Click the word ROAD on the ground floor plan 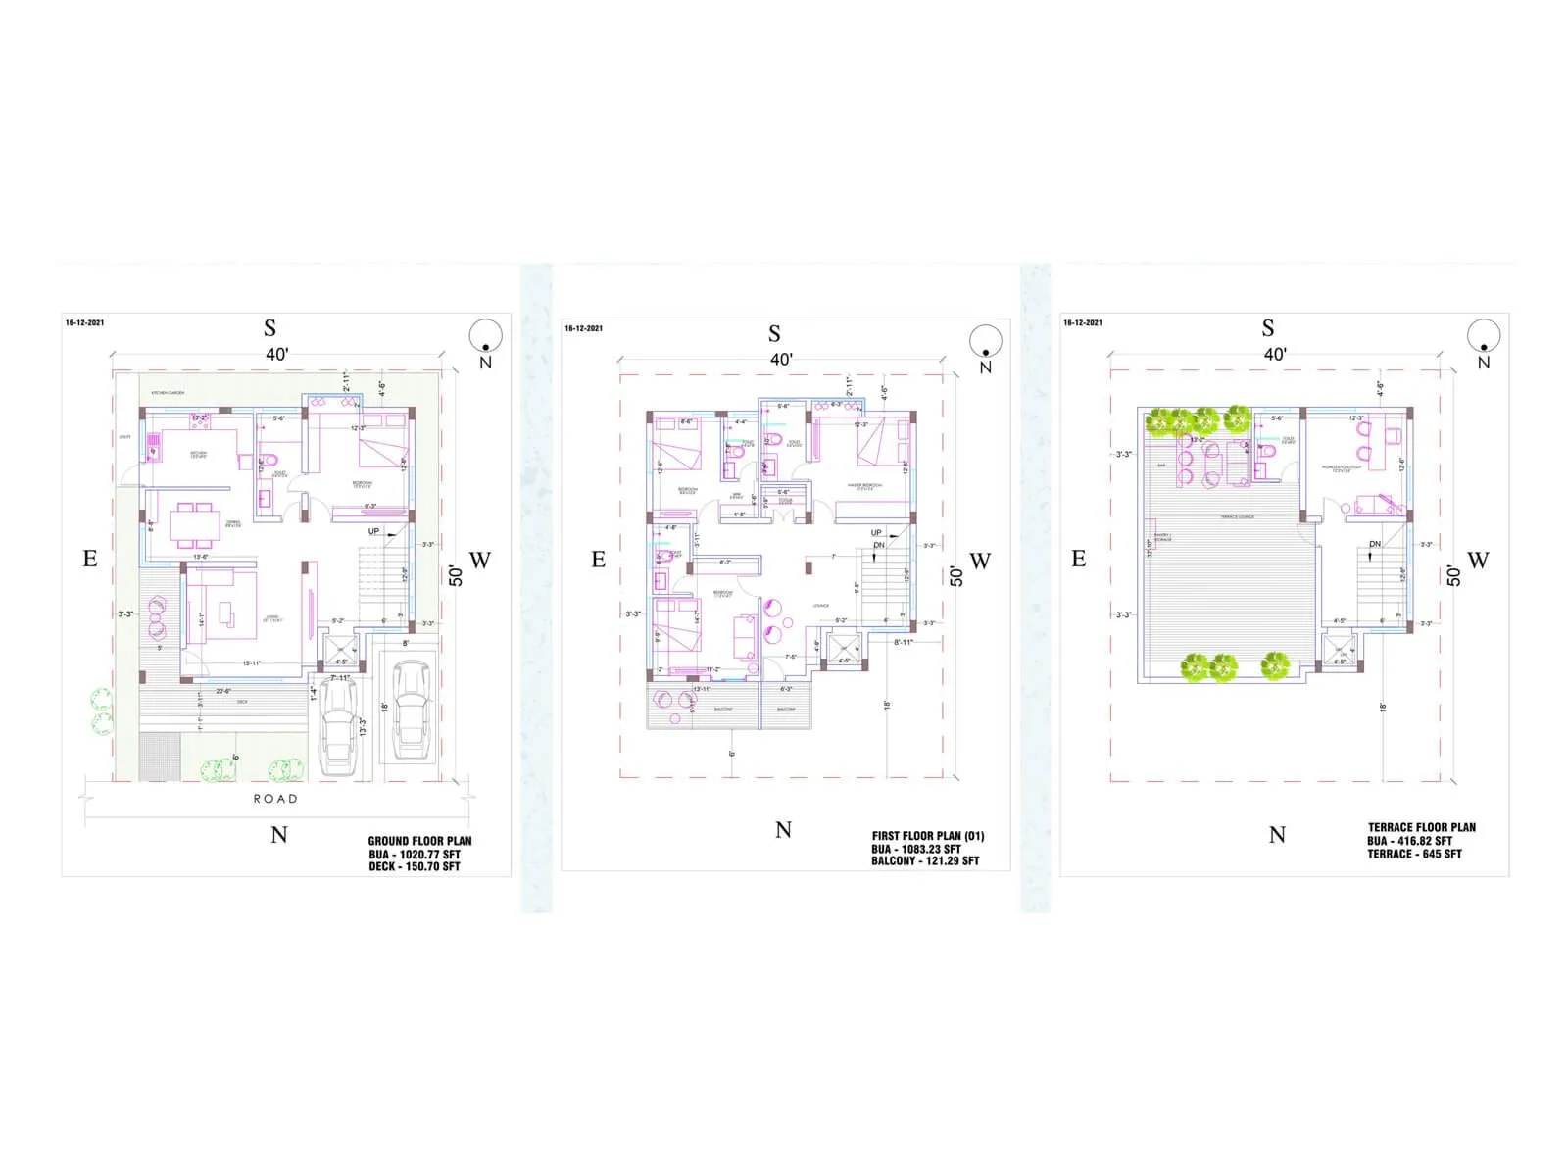click(275, 799)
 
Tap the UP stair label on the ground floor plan click(373, 532)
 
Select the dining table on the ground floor click(195, 525)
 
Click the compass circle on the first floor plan click(985, 340)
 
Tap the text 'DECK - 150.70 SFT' click(414, 866)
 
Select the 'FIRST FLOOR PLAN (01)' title click(928, 836)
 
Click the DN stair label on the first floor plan click(878, 545)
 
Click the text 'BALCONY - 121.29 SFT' click(925, 861)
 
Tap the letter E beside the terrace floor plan click(1079, 559)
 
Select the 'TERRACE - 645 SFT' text click(1414, 854)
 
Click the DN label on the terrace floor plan click(1375, 544)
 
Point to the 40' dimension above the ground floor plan click(277, 354)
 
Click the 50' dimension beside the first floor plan click(956, 576)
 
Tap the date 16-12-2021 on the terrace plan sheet click(1083, 322)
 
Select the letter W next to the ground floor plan click(479, 561)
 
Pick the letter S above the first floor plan click(774, 334)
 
